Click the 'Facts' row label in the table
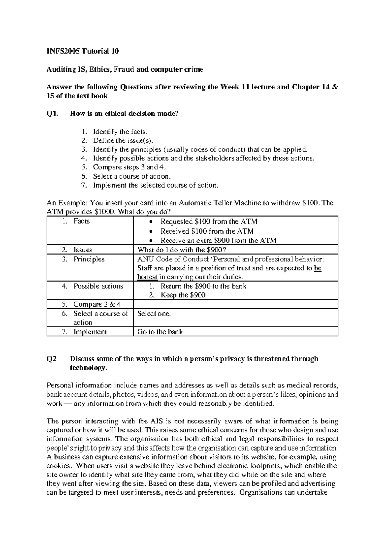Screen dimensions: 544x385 pos(81,221)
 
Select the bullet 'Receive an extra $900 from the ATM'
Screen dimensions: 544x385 pos(218,241)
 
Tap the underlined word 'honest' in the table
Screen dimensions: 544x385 pos(147,277)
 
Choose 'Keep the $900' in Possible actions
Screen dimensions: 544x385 pos(183,295)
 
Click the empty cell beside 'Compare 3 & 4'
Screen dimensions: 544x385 pos(235,304)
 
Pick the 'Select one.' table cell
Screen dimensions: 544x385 pos(154,314)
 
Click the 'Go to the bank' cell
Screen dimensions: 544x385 pos(160,332)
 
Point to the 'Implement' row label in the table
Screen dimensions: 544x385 pos(90,332)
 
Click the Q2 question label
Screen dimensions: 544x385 pos(52,359)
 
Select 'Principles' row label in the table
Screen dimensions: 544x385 pos(89,259)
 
